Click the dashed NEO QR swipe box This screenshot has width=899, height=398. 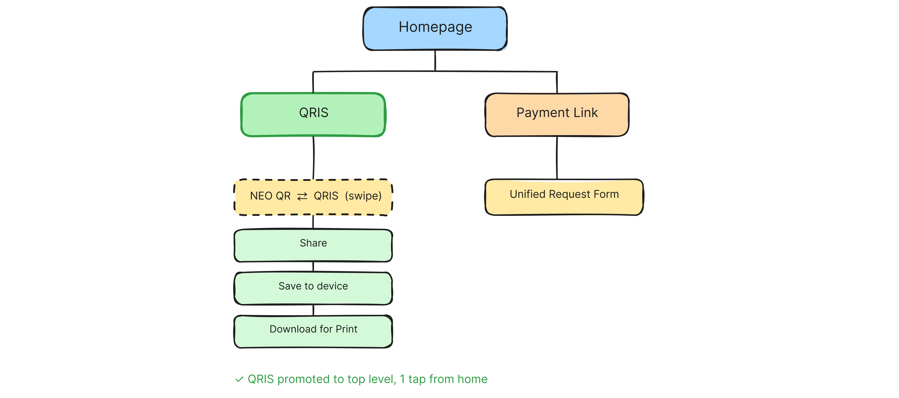[313, 197]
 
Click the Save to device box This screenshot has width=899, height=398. [313, 288]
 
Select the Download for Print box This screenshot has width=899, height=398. [313, 331]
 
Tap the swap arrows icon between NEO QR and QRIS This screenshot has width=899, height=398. [302, 197]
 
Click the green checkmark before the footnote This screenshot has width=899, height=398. [239, 379]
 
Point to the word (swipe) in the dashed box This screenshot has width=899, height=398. [363, 196]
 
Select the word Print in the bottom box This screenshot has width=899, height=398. [346, 329]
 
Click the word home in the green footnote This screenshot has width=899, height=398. [472, 379]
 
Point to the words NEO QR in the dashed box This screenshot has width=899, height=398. [270, 196]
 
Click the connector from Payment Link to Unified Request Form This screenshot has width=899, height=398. [556, 158]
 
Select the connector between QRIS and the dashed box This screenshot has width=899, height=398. [313, 158]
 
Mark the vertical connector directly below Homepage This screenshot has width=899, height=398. [435, 60]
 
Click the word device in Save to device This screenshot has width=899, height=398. [332, 286]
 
